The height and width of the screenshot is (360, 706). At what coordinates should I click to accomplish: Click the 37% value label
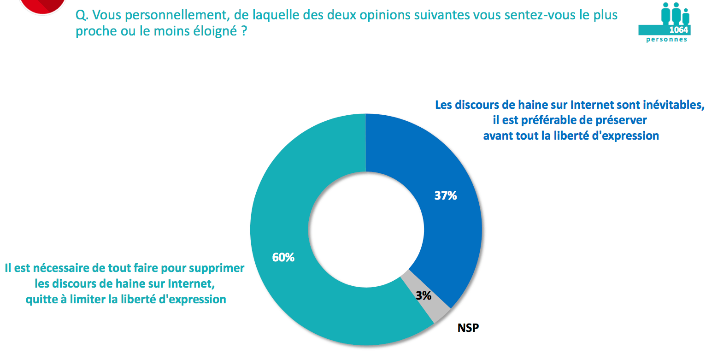pos(445,195)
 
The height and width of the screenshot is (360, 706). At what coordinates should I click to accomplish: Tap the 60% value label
pos(283,257)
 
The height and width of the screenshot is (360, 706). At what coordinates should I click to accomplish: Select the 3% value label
pos(423,295)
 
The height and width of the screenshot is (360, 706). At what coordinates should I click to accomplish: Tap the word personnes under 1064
pos(666,40)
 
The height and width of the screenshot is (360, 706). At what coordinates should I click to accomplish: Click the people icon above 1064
pos(676,13)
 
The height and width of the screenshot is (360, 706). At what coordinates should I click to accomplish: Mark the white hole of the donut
pos(366,230)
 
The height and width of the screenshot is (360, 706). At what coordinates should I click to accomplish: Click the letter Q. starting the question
pos(81,16)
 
